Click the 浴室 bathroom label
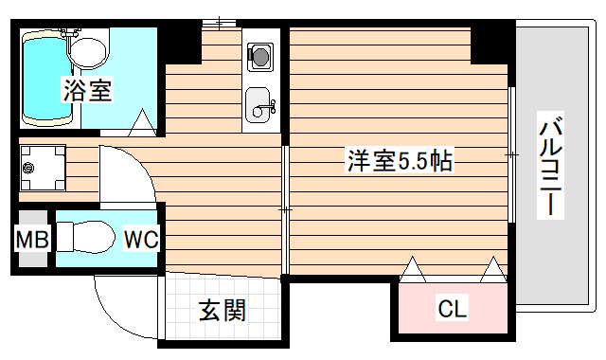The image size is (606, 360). point(88,91)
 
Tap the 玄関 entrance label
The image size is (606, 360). point(223,310)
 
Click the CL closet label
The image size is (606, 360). point(452,309)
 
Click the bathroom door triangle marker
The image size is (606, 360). point(141,121)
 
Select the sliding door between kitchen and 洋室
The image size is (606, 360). point(284,207)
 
